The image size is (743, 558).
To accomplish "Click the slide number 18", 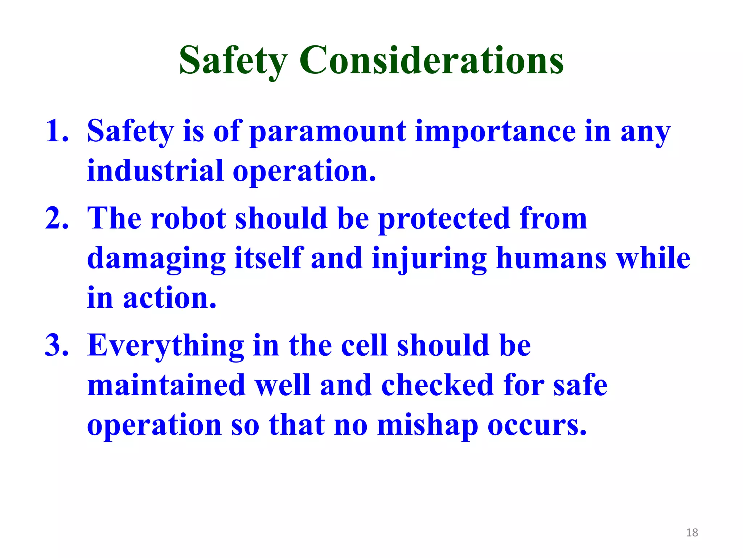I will coord(692,533).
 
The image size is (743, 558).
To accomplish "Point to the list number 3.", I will coord(57,345).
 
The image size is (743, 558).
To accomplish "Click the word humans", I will coord(551,259).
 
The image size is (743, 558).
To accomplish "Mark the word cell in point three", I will coord(364,346).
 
